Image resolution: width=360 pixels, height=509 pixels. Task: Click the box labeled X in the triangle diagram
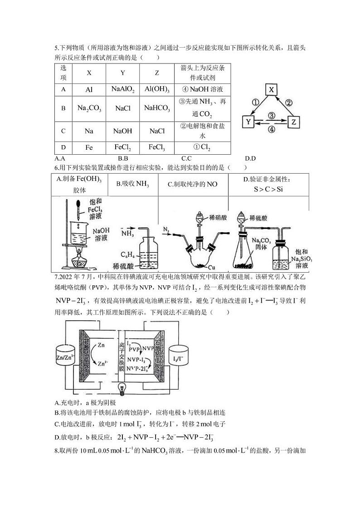point(271,89)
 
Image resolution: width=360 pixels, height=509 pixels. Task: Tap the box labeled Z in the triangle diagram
point(294,122)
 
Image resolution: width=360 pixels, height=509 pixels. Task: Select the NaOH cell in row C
point(122,131)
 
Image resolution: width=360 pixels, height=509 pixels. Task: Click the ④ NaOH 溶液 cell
point(202,89)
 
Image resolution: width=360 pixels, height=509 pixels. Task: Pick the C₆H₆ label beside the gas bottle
point(128,254)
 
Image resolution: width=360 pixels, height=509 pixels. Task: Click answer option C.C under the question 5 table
point(186,158)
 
